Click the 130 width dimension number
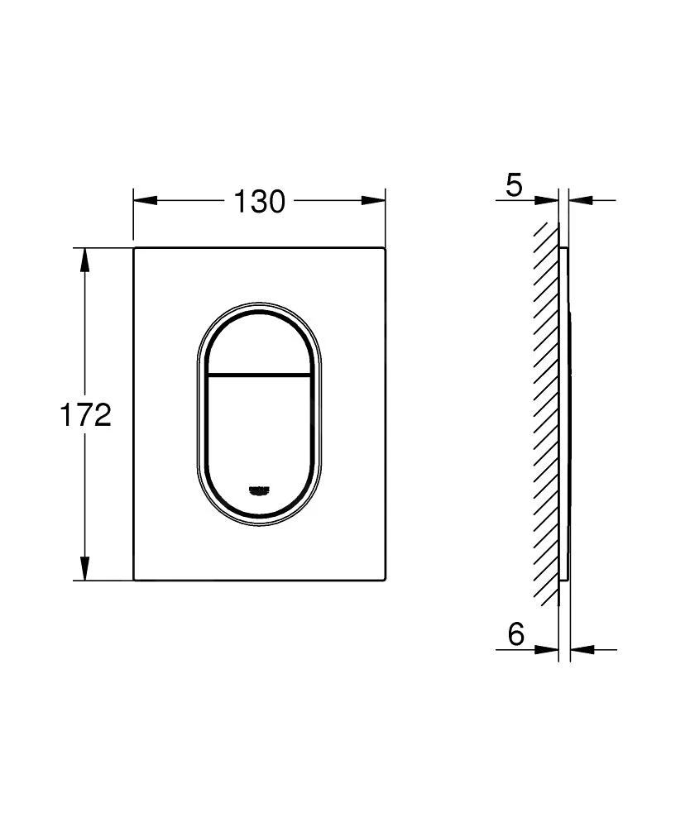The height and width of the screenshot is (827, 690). (x=258, y=201)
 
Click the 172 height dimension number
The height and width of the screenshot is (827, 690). (x=84, y=415)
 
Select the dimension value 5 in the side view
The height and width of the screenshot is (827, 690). (x=515, y=185)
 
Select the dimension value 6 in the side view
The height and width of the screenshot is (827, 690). (x=516, y=634)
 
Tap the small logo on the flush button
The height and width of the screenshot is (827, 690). (x=258, y=490)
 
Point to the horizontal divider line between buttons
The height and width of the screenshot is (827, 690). (x=258, y=375)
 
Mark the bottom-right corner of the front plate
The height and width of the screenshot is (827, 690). (x=384, y=579)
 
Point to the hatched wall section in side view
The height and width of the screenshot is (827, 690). (x=546, y=413)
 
